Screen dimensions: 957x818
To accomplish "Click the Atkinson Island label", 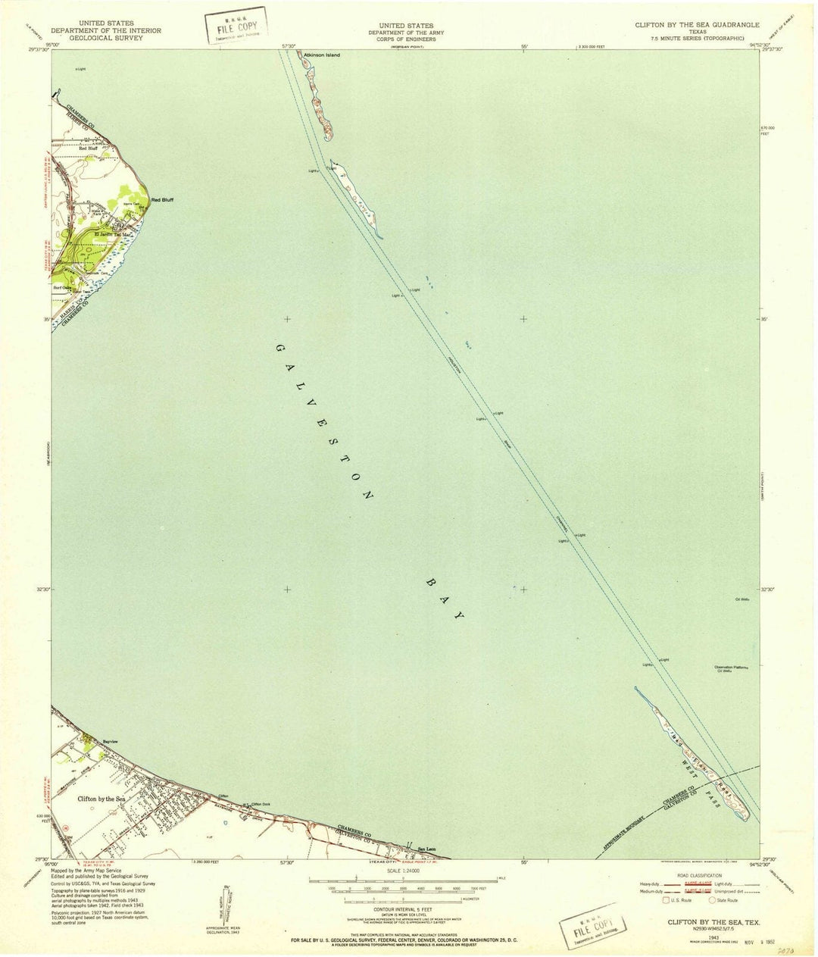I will pyautogui.click(x=322, y=55).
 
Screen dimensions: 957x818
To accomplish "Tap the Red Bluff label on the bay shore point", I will pyautogui.click(x=164, y=199).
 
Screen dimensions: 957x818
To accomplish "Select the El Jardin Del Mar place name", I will pyautogui.click(x=112, y=234).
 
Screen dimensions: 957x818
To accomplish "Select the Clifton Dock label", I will pyautogui.click(x=261, y=803).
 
